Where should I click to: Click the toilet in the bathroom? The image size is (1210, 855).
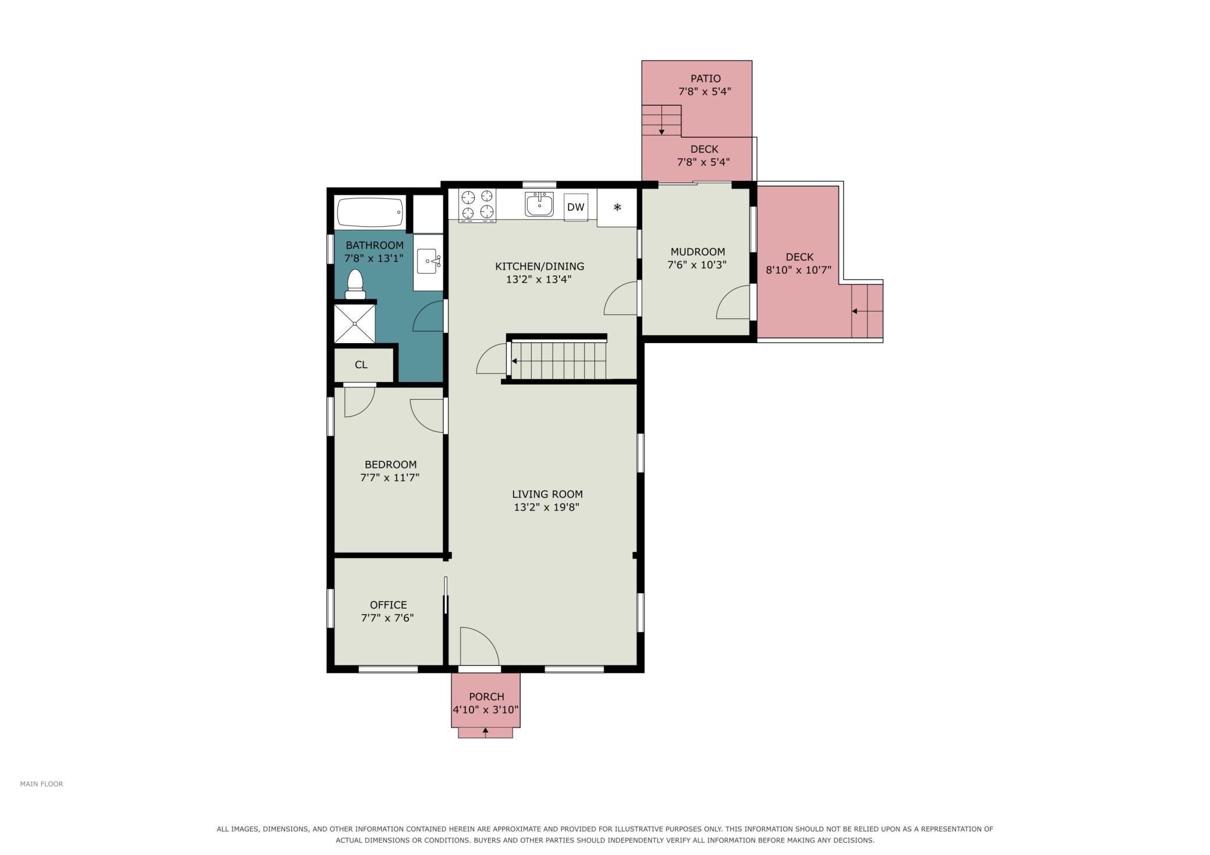pos(355,284)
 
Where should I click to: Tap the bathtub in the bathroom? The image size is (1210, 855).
pos(370,213)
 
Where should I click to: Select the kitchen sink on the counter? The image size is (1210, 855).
pos(539,205)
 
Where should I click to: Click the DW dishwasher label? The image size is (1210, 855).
pos(576,207)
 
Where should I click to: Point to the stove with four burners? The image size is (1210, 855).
pos(477,206)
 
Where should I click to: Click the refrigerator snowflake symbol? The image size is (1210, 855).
pos(617,206)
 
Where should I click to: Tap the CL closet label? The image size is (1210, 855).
pos(361,365)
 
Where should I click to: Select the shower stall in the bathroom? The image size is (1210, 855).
pos(354,323)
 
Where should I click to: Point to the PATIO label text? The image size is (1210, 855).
pos(706,79)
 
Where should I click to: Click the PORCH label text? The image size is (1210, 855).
pos(486,697)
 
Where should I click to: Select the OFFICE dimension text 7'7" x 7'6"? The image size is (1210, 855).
pos(387,618)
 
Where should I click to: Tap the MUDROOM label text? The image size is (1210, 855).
pos(697,252)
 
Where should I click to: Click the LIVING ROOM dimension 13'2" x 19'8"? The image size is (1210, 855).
pos(546,507)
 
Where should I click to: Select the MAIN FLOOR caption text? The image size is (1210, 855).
pos(41,784)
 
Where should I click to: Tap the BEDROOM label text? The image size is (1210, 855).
pos(390,465)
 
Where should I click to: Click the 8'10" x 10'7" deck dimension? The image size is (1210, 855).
pos(799,270)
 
